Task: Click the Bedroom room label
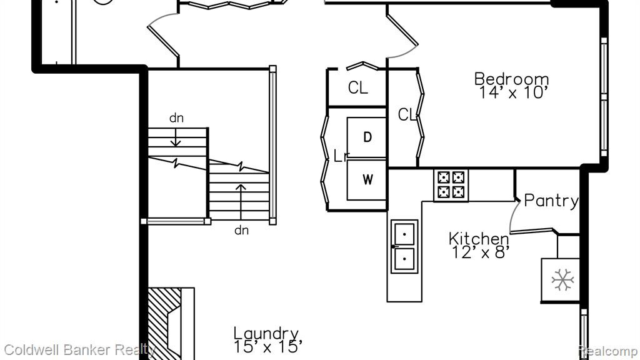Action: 511,78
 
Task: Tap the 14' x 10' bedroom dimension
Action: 512,92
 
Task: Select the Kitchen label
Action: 479,238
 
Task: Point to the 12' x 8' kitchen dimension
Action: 481,252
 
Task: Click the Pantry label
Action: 551,201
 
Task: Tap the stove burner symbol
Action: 451,184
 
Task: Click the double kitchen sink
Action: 404,246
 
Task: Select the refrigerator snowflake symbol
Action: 562,280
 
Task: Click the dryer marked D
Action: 366,137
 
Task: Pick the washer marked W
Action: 366,179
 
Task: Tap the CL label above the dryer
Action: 358,87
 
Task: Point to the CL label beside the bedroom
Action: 407,115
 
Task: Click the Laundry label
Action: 266,333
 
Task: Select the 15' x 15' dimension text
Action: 267,347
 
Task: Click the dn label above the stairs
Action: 176,118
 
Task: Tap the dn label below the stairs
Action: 242,230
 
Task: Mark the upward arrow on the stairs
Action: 241,202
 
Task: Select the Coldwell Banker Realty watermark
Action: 79,350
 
